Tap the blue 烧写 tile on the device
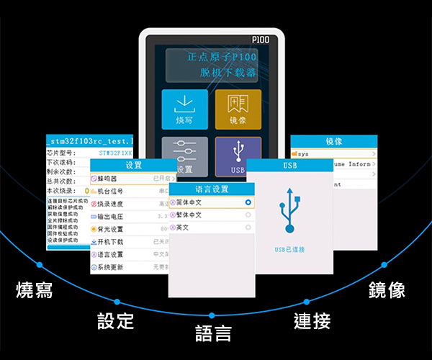tap(184, 109)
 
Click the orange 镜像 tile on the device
tap(238, 109)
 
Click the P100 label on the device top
tap(260, 40)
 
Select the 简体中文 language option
tap(192, 203)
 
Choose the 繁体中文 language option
tap(192, 215)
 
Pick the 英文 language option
tap(186, 228)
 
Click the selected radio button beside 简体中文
tap(248, 203)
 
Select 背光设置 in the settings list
tap(115, 229)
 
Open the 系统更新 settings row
tap(115, 267)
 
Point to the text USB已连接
tap(289, 249)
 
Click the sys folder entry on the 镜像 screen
tap(304, 154)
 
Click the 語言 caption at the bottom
tap(213, 333)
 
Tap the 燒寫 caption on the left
tap(35, 291)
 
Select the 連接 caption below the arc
tap(312, 321)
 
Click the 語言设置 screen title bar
tap(212, 189)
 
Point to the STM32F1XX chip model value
tap(115, 153)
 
